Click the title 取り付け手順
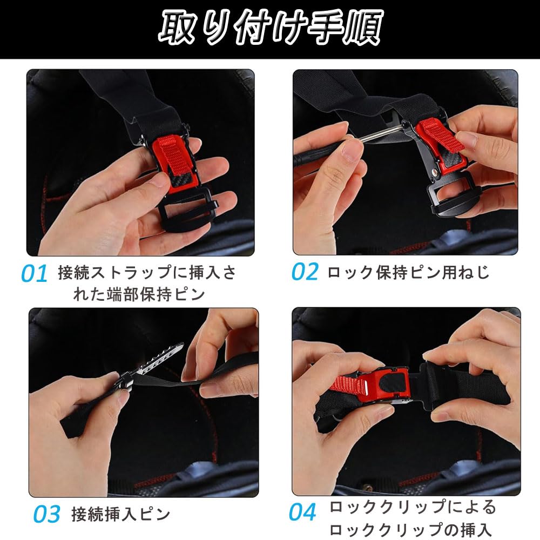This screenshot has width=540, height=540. click(x=271, y=27)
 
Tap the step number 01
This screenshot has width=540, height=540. click(x=34, y=274)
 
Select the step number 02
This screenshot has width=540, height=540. click(x=305, y=272)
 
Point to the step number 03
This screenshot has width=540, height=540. click(x=47, y=514)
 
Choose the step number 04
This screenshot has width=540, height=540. click(x=302, y=512)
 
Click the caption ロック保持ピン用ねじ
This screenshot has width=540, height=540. click(x=408, y=272)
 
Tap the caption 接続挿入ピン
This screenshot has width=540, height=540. click(x=121, y=514)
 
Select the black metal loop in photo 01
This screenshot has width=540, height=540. click(x=188, y=210)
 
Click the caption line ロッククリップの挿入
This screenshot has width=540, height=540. click(x=410, y=529)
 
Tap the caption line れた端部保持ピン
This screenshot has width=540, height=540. click(x=139, y=295)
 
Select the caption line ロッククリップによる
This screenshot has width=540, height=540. click(x=412, y=507)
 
